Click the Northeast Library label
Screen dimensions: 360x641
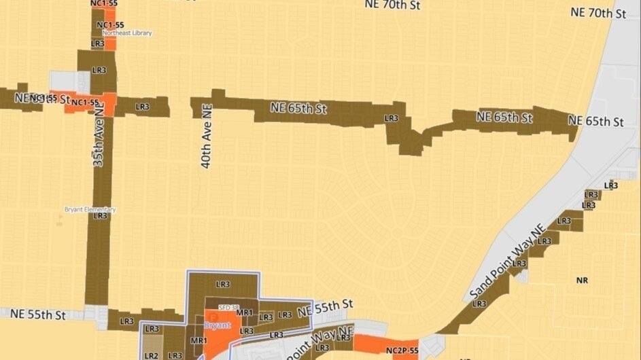point(127,33)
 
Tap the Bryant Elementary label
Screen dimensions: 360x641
point(90,210)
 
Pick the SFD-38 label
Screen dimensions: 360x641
point(229,307)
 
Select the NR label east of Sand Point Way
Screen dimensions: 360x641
point(581,280)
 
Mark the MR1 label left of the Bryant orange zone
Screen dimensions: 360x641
point(198,340)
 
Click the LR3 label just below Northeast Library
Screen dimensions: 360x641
point(97,43)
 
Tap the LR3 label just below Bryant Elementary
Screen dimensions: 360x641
point(101,216)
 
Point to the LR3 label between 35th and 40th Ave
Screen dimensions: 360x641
point(142,107)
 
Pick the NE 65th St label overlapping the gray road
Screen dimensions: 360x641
point(595,122)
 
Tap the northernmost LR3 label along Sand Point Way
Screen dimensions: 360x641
point(611,185)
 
